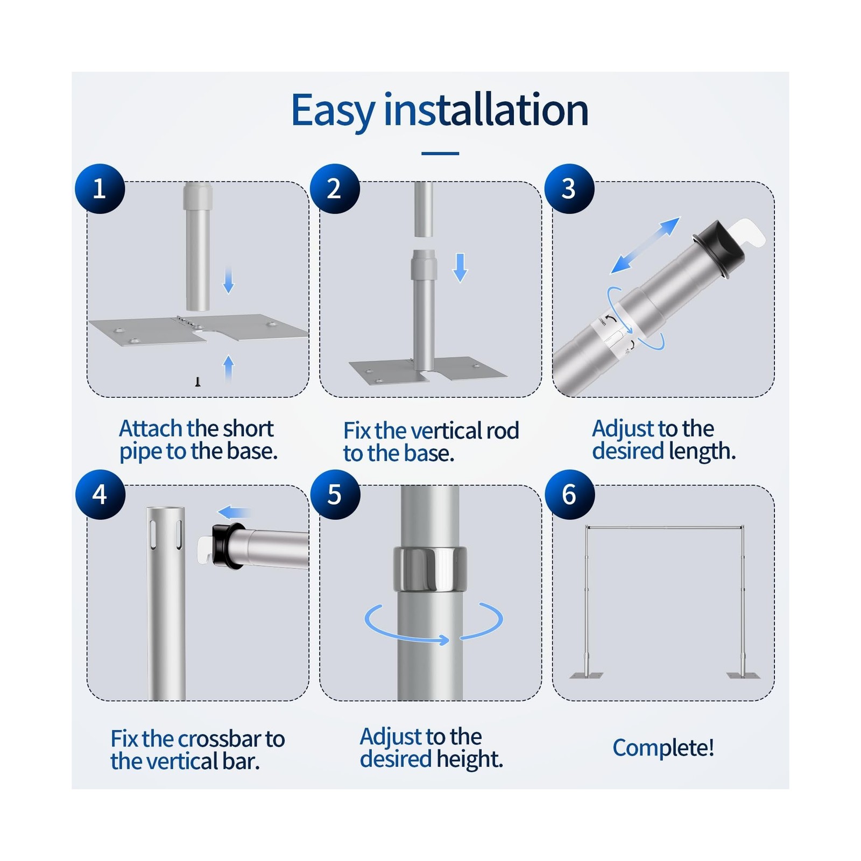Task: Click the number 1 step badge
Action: (100, 189)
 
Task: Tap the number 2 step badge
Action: (334, 189)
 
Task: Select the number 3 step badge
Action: (569, 189)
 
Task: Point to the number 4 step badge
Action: (100, 495)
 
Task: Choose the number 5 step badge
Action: (334, 495)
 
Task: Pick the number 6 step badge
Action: (569, 495)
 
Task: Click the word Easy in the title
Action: (333, 111)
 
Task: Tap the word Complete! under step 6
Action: (664, 749)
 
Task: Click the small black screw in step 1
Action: (198, 382)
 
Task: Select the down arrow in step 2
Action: (460, 267)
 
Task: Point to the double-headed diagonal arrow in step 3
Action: (646, 245)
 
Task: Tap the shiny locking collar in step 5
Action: (430, 568)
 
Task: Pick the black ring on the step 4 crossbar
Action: (226, 545)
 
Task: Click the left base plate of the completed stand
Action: (587, 675)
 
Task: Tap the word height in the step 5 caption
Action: (470, 760)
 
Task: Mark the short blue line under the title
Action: (440, 153)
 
